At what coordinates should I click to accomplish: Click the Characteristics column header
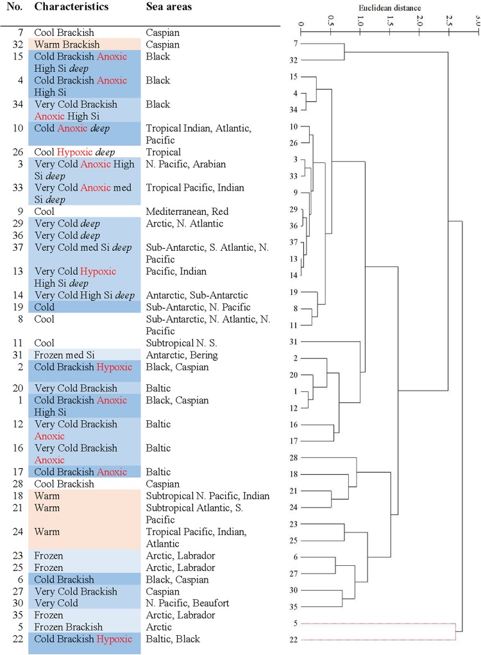(x=71, y=7)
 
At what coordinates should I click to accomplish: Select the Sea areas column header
(x=169, y=7)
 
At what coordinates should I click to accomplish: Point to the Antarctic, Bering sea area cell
(x=181, y=355)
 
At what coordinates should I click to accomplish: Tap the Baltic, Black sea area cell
(x=173, y=639)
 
